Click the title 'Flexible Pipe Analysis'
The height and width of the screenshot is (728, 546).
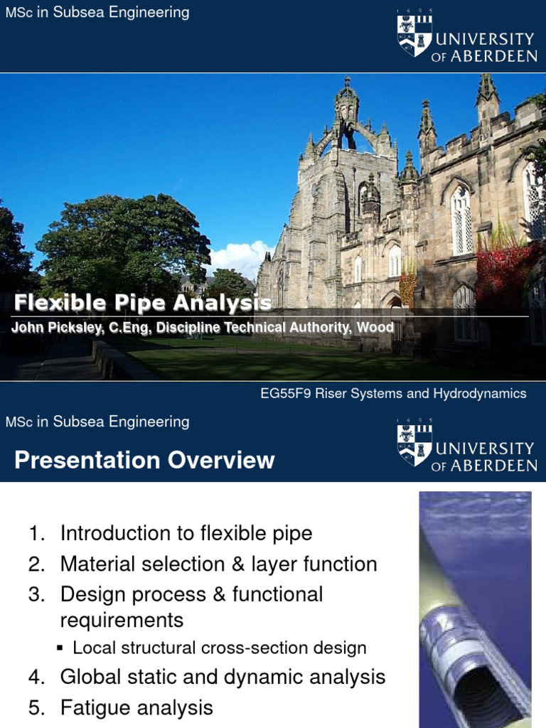click(x=143, y=304)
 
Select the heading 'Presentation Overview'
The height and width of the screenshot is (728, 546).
click(x=144, y=460)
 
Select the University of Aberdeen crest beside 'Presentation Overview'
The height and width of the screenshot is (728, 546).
click(x=414, y=445)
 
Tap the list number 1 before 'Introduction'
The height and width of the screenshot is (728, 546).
click(x=36, y=533)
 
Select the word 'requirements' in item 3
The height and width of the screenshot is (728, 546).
click(x=122, y=620)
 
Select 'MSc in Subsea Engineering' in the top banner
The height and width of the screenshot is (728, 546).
click(x=97, y=12)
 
